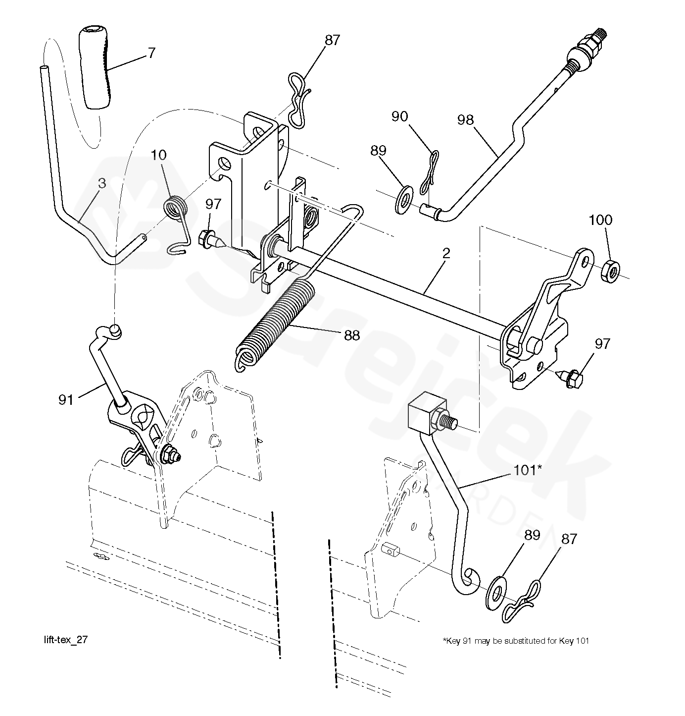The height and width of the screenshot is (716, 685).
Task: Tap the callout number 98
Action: coord(466,120)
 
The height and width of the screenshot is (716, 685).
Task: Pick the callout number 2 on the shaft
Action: coord(446,254)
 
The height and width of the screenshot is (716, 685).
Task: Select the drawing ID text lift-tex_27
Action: coord(65,640)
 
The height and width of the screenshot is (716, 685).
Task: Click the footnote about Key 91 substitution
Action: coord(516,641)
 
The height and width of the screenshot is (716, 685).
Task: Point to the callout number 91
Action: coord(66,399)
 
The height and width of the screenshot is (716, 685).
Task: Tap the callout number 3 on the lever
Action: coord(102,183)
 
